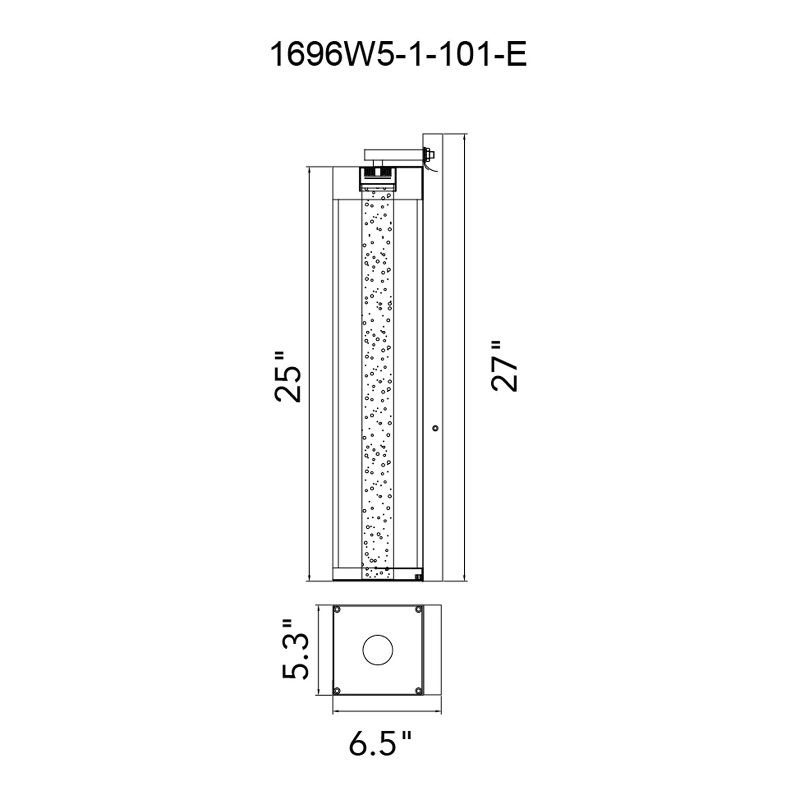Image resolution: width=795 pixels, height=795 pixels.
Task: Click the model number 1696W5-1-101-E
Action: point(398,55)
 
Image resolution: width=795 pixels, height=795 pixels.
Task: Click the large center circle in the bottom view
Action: point(378,649)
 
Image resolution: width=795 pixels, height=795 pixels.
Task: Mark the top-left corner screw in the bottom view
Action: point(337,609)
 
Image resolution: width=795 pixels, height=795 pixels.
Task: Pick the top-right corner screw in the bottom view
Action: point(419,609)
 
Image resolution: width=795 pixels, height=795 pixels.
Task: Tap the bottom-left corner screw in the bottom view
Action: point(337,691)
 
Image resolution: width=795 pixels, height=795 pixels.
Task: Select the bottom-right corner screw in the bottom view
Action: point(419,691)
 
